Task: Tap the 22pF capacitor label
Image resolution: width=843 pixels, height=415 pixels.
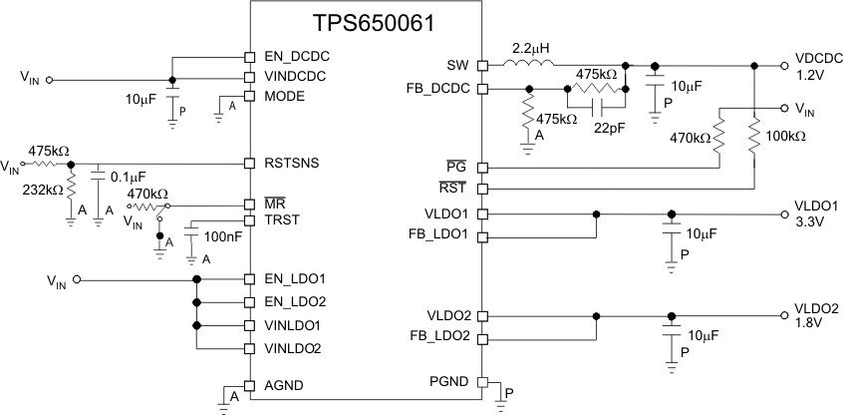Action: coord(610,127)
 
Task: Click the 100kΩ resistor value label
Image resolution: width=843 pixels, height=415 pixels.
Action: coord(786,135)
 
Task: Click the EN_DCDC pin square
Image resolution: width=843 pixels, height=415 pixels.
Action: coord(250,57)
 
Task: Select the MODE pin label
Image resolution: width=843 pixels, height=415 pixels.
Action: coord(283,97)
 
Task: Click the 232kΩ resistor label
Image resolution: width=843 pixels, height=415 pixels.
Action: coord(42,189)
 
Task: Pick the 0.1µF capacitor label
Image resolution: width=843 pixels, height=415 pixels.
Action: coord(128,177)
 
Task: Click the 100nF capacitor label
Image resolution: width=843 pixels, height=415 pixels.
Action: coord(221,236)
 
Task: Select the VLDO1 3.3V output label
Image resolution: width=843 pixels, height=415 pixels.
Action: coord(816,213)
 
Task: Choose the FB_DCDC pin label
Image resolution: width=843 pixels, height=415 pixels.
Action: coord(440,89)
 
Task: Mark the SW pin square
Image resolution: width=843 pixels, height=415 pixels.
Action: coord(482,66)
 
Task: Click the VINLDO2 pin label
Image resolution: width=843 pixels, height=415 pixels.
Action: coord(292,349)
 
